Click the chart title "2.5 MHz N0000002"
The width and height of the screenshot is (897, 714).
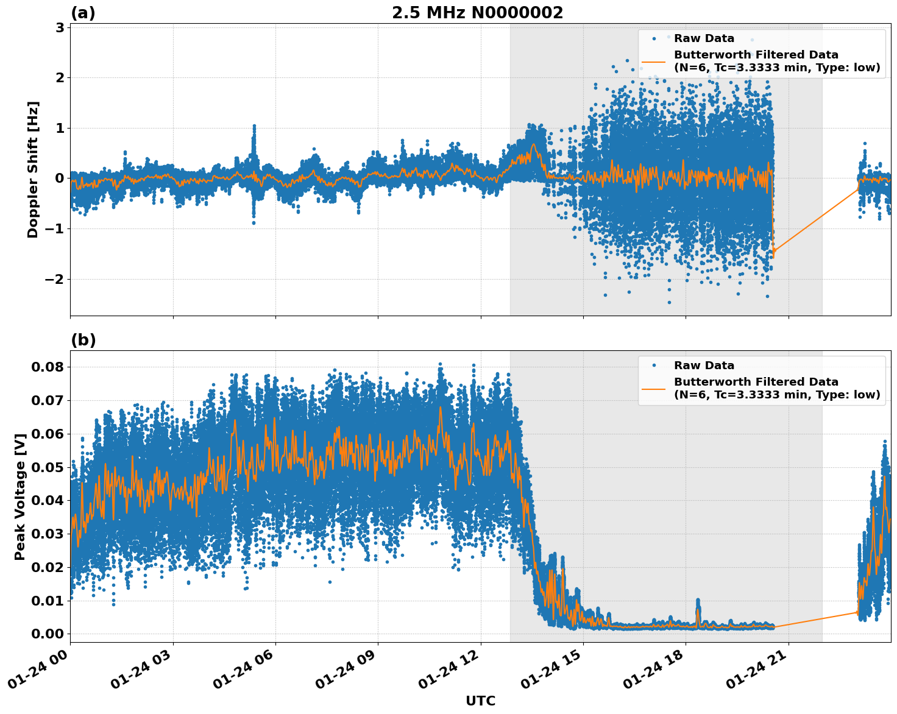(477, 13)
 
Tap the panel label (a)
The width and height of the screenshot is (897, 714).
(83, 13)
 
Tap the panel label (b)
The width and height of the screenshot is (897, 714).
(83, 340)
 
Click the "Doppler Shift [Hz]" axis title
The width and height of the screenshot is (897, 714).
(33, 169)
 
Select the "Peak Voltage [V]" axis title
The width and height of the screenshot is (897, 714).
(20, 497)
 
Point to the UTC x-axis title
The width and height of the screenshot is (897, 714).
(480, 701)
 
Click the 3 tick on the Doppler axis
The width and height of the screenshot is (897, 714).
(60, 27)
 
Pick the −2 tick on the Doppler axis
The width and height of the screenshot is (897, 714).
(55, 279)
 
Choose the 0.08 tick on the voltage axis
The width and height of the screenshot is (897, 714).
(48, 367)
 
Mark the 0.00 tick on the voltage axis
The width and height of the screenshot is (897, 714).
(48, 634)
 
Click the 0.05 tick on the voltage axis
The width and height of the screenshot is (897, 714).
(48, 467)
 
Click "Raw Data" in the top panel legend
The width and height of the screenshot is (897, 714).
(704, 38)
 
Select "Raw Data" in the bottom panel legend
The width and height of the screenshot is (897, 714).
(704, 366)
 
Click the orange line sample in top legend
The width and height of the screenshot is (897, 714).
(654, 62)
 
